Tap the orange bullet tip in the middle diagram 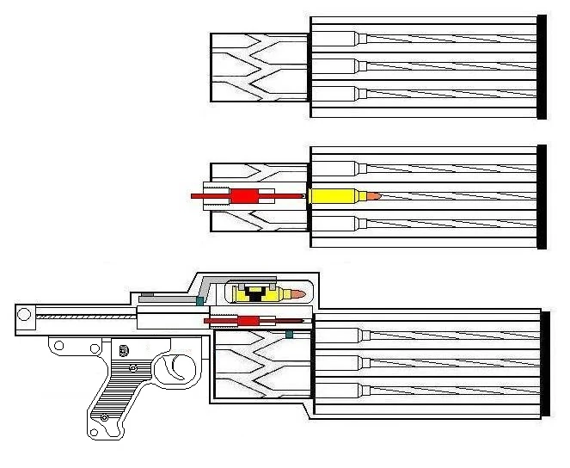coord(372,197)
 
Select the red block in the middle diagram coord(245,197)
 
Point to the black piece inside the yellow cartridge coord(255,295)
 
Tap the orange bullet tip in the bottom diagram coord(297,295)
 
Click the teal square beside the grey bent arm coord(200,301)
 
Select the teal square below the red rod coord(290,333)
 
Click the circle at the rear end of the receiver coord(25,315)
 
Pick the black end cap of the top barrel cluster coord(542,67)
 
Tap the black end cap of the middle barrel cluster coord(542,197)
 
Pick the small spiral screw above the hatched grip coord(126,351)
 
